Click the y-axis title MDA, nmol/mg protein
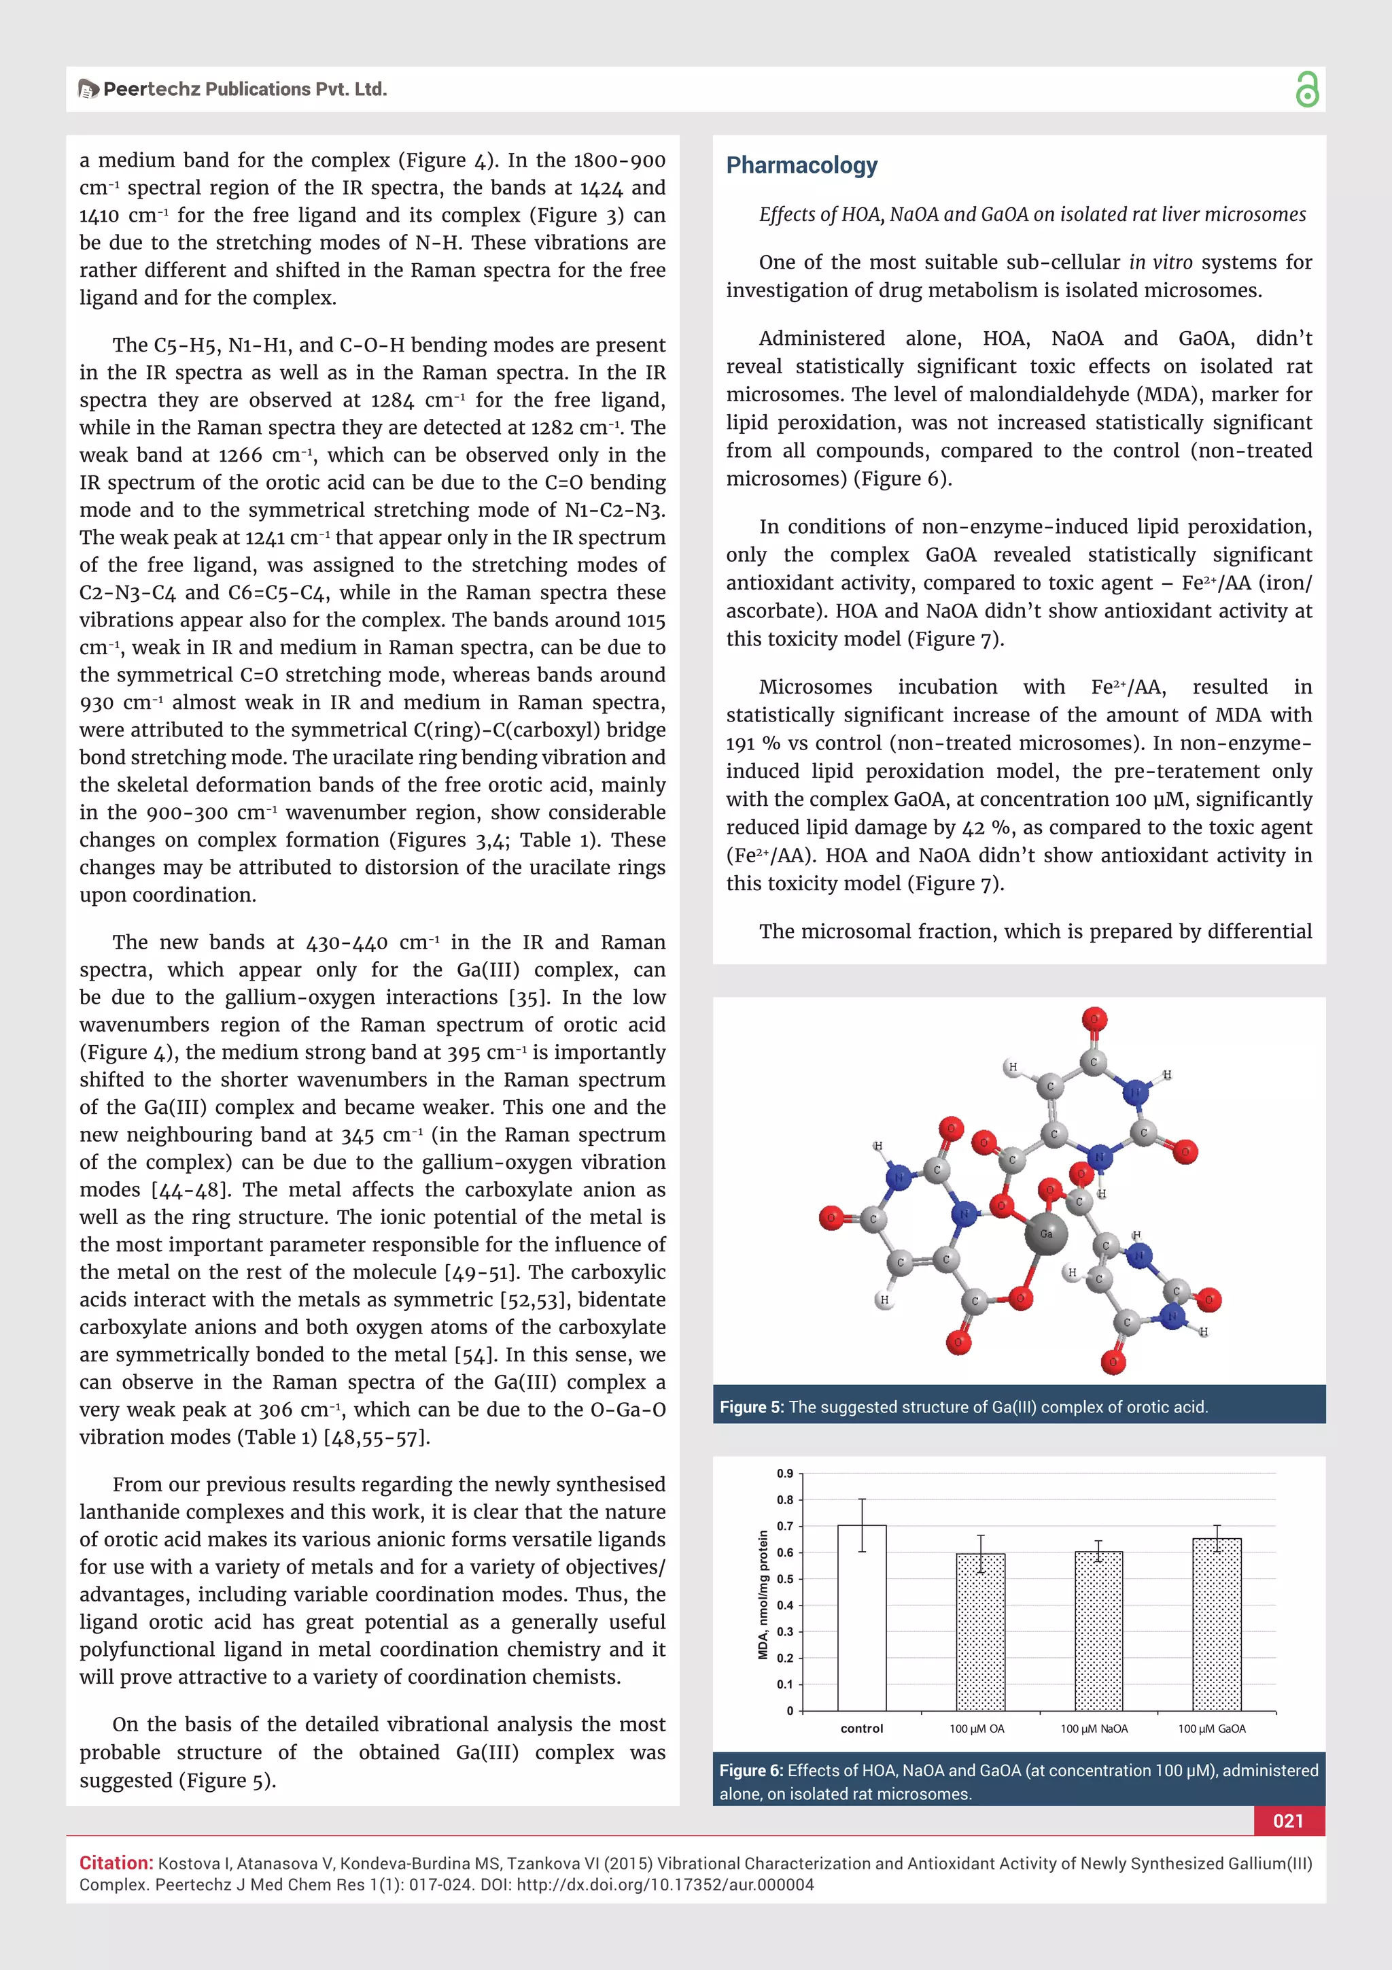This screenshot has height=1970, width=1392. [763, 1594]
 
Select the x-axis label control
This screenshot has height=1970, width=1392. [861, 1729]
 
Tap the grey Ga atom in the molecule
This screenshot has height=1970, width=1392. [1045, 1234]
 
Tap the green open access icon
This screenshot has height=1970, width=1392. [1306, 89]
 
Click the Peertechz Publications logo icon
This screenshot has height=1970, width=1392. [88, 89]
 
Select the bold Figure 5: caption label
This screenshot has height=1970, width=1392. [751, 1407]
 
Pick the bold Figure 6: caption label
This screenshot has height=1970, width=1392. [751, 1771]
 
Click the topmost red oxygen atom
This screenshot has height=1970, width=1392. [1094, 1020]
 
